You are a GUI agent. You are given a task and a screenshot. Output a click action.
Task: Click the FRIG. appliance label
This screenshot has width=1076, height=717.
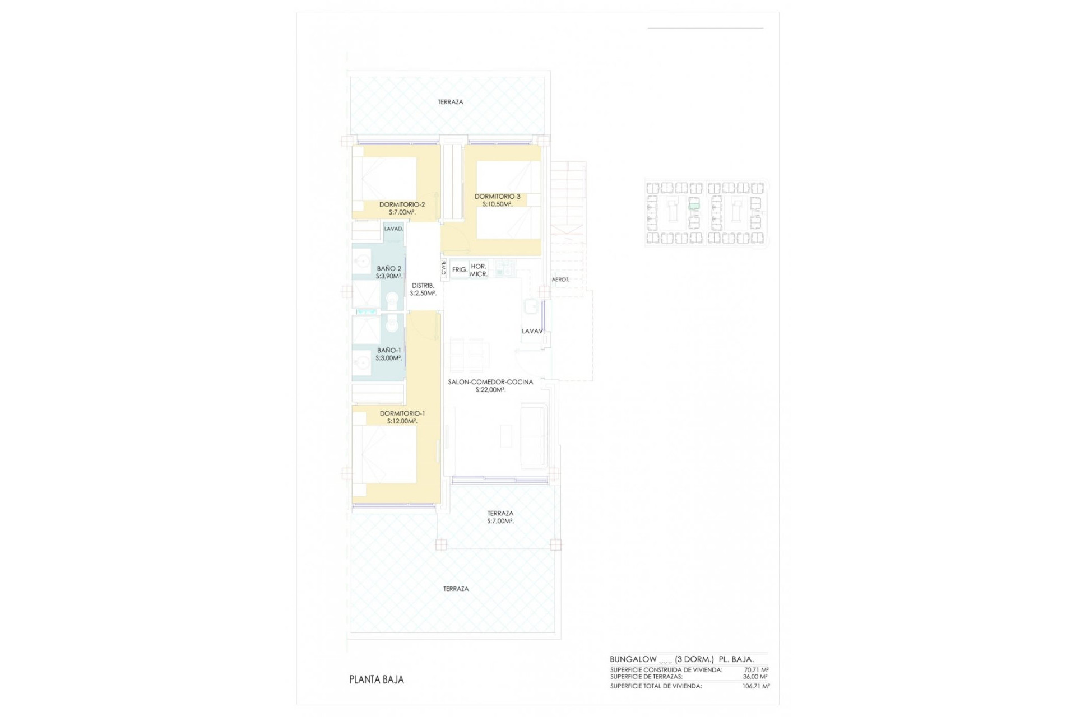click(x=460, y=270)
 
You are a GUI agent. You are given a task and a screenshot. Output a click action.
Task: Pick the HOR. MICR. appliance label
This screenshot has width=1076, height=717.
click(x=479, y=270)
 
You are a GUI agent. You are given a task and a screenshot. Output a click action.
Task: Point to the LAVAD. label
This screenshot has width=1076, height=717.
click(x=393, y=229)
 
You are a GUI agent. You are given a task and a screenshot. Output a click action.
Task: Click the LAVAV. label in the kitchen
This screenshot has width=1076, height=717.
click(x=533, y=332)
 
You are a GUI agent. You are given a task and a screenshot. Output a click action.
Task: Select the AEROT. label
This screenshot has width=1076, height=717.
click(x=560, y=280)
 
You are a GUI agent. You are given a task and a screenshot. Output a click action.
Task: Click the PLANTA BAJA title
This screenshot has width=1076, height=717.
click(x=376, y=679)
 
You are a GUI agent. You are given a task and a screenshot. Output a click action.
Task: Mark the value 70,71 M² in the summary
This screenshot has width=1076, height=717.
click(x=756, y=669)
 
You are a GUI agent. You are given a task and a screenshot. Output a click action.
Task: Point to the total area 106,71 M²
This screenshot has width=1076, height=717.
click(x=756, y=686)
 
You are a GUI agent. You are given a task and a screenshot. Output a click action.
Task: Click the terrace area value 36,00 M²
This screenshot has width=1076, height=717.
click(x=756, y=677)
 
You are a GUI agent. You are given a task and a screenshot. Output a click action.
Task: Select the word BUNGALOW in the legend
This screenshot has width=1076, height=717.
click(x=633, y=659)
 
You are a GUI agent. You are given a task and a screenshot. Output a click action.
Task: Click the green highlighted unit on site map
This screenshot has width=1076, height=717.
click(x=694, y=206)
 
